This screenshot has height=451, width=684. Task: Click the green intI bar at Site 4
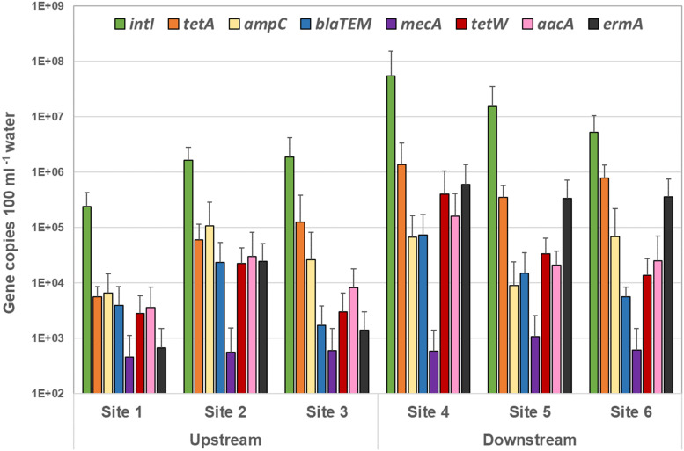click(391, 235)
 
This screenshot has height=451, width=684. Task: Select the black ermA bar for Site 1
click(161, 370)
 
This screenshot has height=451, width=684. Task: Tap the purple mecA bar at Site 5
click(535, 365)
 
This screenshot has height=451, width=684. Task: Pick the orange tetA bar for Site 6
click(604, 286)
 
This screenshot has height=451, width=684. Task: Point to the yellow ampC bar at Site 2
click(210, 309)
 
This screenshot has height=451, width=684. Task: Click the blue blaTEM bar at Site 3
click(321, 359)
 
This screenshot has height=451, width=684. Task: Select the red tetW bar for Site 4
click(445, 294)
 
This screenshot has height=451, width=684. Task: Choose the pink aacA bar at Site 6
click(658, 327)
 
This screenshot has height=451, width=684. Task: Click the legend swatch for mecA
click(391, 24)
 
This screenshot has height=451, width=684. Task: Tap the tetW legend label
click(489, 24)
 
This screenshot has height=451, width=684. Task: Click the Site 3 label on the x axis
click(327, 411)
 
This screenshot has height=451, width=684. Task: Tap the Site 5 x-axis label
click(530, 411)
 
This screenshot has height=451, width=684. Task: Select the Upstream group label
click(225, 440)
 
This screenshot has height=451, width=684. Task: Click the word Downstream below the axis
click(530, 440)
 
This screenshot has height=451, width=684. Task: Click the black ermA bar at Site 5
click(567, 296)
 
